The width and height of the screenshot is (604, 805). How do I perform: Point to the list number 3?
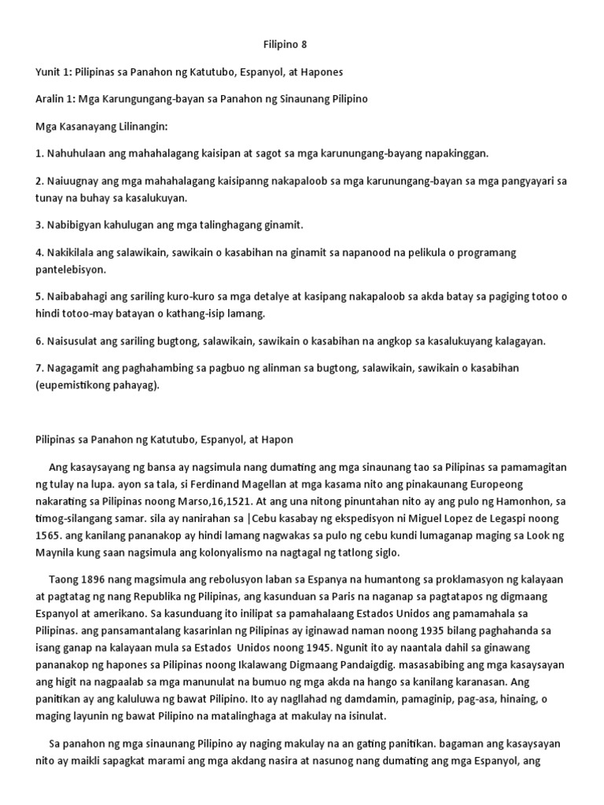click(39, 225)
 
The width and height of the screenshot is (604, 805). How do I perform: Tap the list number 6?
click(39, 340)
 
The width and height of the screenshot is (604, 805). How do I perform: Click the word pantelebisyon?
click(73, 269)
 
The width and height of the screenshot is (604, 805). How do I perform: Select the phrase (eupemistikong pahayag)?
click(103, 385)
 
